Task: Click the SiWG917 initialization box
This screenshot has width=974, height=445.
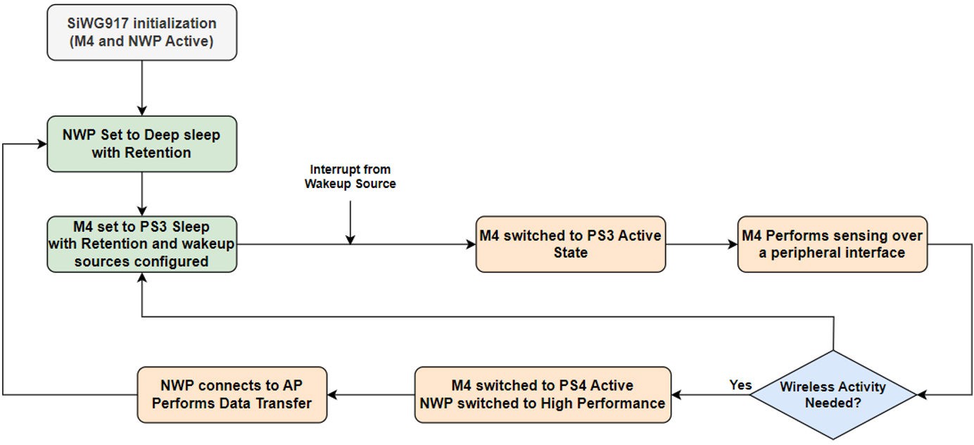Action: (x=141, y=32)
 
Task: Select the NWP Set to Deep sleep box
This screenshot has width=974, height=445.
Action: (x=141, y=144)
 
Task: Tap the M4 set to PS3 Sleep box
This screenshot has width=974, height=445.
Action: (x=141, y=244)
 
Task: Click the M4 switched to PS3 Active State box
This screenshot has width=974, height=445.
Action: (x=570, y=244)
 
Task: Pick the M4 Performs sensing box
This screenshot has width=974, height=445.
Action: (x=832, y=244)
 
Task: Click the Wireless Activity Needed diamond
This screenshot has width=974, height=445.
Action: (x=833, y=395)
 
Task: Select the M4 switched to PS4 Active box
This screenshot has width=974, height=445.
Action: (x=542, y=395)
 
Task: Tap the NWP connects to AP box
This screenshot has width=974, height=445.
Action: (x=232, y=395)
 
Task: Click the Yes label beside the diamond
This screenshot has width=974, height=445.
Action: (x=740, y=385)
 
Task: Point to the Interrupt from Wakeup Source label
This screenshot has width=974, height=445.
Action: (x=350, y=177)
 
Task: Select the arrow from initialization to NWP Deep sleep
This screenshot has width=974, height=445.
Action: (x=141, y=87)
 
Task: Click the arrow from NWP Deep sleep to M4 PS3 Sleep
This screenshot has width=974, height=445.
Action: (x=141, y=194)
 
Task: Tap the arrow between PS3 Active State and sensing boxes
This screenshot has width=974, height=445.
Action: (x=701, y=244)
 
